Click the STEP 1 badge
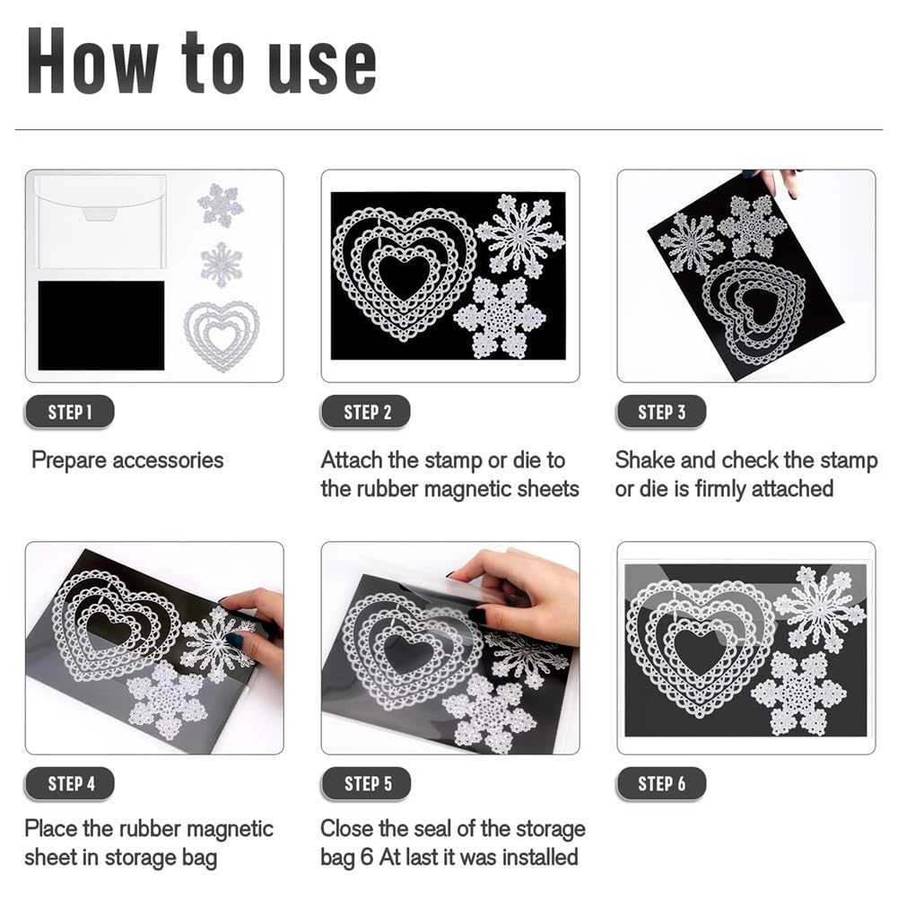69,412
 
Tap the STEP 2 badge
366,412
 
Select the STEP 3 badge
661,412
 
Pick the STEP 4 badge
69,783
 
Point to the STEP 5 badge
366,783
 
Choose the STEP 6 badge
661,783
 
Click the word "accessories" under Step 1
167,460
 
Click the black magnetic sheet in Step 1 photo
101,326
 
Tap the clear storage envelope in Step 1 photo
100,222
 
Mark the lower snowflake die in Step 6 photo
798,693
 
